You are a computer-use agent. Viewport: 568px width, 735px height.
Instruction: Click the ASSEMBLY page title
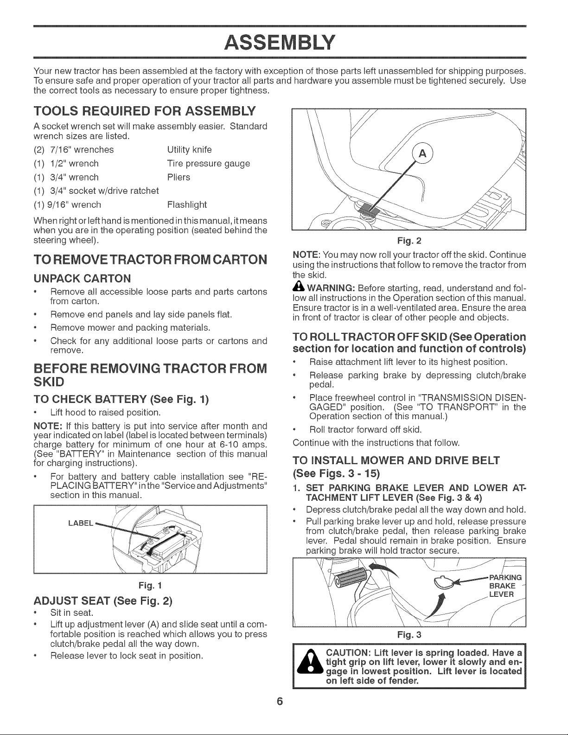(280, 42)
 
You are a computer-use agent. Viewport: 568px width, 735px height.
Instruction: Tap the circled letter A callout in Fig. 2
(422, 154)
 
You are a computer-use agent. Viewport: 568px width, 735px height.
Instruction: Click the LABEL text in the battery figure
(81, 523)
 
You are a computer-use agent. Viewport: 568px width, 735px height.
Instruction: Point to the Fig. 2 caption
(409, 241)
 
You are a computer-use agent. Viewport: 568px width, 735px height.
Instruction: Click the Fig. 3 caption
(409, 635)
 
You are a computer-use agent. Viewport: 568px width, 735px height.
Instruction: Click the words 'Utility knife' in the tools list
(189, 149)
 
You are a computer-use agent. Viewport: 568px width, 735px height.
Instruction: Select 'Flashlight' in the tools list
(187, 205)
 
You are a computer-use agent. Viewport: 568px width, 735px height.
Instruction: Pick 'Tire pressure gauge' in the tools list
(209, 163)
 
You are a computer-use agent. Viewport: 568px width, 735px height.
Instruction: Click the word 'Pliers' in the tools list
(179, 177)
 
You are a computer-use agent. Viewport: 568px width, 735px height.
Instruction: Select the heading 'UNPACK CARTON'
(82, 278)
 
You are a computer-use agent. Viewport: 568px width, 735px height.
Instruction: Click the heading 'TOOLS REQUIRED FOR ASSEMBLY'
(145, 111)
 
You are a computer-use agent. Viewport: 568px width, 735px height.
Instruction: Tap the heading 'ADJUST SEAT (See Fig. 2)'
(103, 601)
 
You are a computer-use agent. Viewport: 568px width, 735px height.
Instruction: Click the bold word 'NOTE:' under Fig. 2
(305, 255)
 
